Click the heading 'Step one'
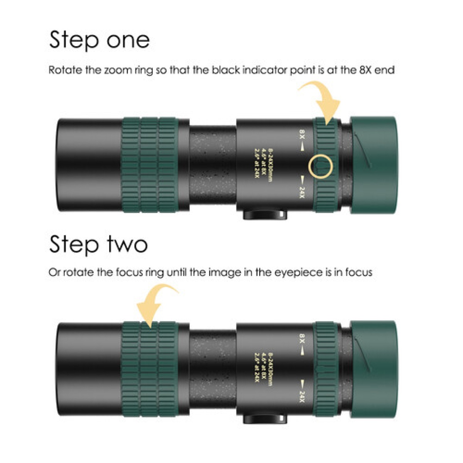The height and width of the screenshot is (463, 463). (x=99, y=40)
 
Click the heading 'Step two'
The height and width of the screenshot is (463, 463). (x=98, y=244)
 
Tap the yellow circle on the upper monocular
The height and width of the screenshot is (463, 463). (x=321, y=166)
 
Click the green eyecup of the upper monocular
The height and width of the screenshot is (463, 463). (x=373, y=165)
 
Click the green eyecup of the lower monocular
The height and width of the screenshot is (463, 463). (x=373, y=369)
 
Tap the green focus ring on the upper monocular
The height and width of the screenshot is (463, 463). (x=150, y=165)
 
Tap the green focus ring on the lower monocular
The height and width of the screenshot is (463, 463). (x=150, y=369)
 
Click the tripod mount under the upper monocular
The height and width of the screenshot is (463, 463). (x=265, y=215)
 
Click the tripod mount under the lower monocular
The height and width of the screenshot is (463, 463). (x=265, y=418)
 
